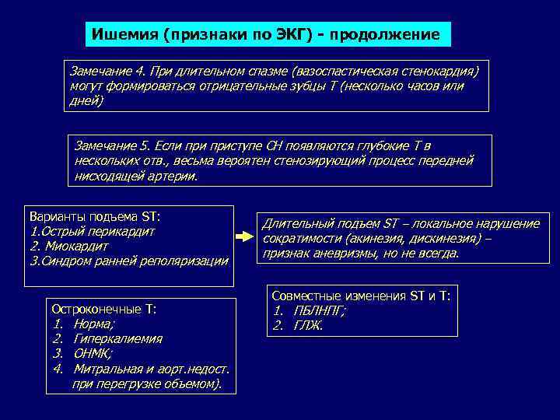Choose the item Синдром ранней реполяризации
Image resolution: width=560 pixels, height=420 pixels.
[x=128, y=261]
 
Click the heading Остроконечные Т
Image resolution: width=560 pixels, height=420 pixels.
[x=103, y=310]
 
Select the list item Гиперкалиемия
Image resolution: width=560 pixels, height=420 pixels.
[x=117, y=339]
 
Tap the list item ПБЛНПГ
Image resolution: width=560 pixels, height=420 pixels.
[x=319, y=310]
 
